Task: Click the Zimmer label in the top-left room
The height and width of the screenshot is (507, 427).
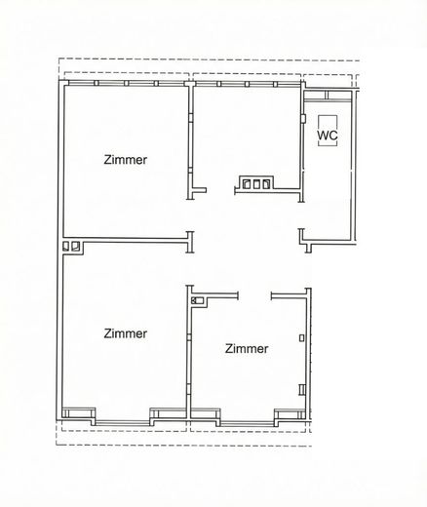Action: (x=126, y=160)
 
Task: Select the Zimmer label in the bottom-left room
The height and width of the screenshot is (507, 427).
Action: (x=126, y=333)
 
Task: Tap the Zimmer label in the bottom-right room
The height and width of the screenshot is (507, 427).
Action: (x=246, y=348)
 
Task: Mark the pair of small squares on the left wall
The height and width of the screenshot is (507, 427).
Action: (x=71, y=247)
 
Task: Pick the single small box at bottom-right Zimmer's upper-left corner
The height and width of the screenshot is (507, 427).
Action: (x=199, y=302)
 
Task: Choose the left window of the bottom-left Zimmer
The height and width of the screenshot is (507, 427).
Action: (x=80, y=412)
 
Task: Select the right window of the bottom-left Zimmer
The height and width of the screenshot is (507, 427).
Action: (x=167, y=412)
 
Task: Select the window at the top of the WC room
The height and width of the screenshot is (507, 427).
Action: (x=330, y=97)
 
